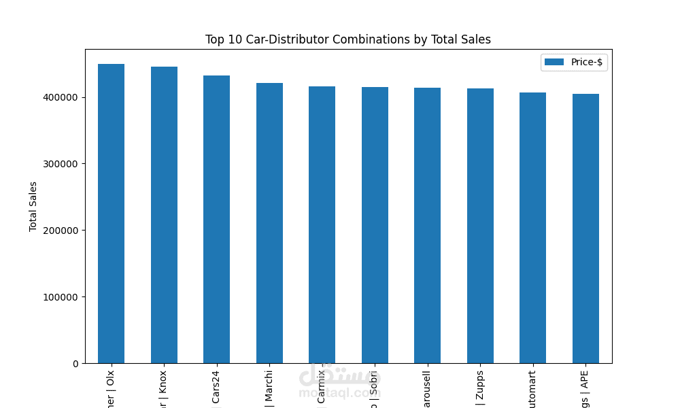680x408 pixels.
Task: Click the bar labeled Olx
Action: (x=111, y=214)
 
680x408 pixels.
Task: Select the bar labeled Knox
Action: (x=164, y=215)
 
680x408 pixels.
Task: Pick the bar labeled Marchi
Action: (x=269, y=223)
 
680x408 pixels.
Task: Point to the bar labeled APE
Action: (x=585, y=228)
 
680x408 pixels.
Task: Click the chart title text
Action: (x=347, y=39)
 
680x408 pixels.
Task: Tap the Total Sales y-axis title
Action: (x=33, y=206)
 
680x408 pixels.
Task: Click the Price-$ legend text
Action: (x=586, y=62)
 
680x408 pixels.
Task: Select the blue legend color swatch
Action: (x=554, y=62)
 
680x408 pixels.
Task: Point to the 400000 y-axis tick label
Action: (x=60, y=97)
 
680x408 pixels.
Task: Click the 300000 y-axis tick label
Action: (x=60, y=164)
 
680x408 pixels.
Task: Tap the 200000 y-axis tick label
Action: (x=60, y=231)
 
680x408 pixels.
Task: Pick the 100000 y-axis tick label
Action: (x=60, y=297)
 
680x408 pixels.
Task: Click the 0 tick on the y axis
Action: (x=75, y=364)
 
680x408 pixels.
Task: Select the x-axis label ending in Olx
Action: (x=111, y=388)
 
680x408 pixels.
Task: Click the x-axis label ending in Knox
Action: (x=164, y=388)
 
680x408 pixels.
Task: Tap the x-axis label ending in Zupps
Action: (x=480, y=388)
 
